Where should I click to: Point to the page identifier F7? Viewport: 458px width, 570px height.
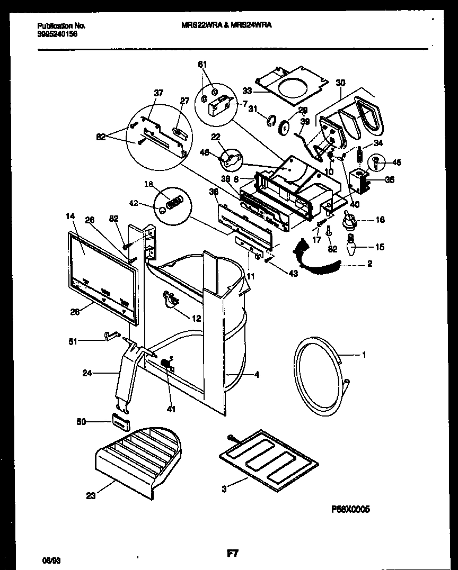coord(232,554)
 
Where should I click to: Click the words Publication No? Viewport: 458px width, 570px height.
coord(62,25)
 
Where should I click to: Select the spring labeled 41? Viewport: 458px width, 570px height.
coord(168,364)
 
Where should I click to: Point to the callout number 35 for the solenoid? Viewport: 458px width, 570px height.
coord(389,180)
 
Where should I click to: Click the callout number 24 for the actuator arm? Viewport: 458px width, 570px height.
coord(88,373)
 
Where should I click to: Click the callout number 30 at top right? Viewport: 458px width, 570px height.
coord(340,83)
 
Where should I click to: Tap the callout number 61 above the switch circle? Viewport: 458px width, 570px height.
coord(202,65)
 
